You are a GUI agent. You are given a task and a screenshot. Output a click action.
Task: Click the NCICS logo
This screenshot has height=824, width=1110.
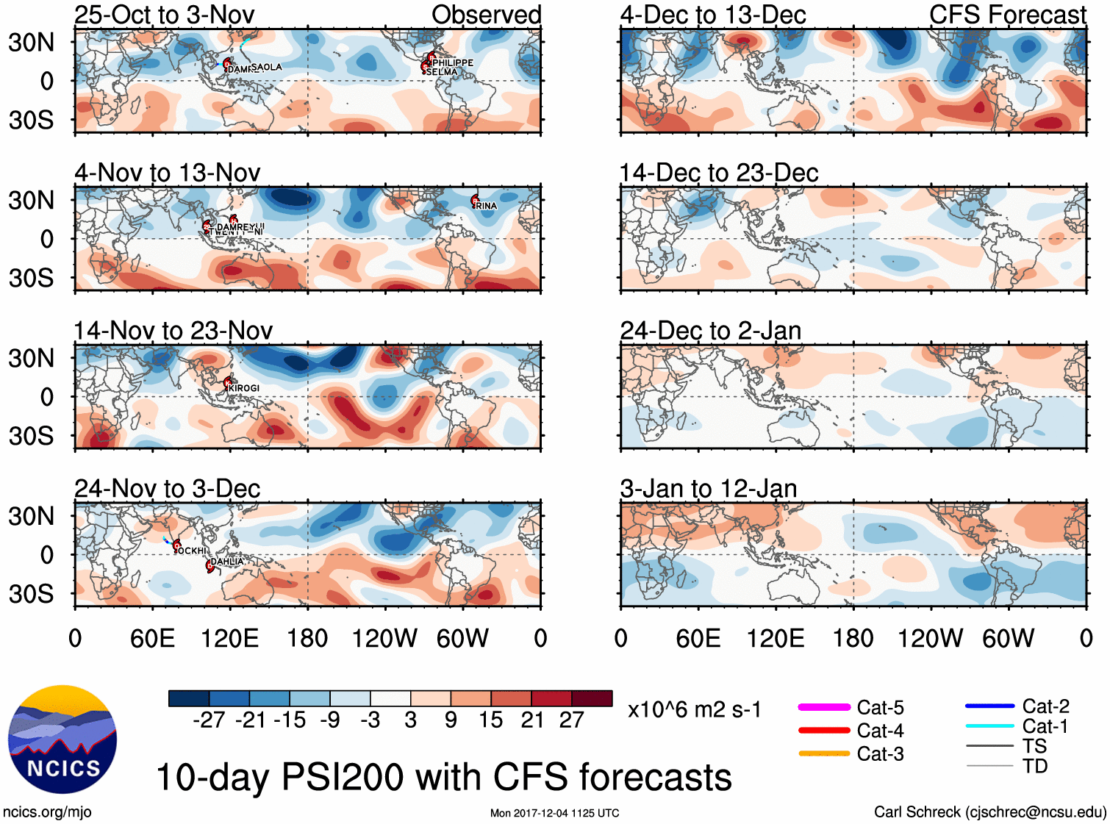62,739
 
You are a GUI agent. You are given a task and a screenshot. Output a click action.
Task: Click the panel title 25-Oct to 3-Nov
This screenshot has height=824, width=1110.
165,15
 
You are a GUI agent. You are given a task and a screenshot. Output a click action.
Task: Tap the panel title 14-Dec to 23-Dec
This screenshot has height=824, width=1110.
718,173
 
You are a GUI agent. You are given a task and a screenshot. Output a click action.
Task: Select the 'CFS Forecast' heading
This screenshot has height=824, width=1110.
1007,15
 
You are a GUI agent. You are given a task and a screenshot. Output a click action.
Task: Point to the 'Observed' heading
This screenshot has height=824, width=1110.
486,15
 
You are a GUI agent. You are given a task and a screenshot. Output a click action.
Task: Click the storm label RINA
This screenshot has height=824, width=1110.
486,206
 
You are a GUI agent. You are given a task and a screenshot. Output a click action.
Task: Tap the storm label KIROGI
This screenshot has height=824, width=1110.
244,388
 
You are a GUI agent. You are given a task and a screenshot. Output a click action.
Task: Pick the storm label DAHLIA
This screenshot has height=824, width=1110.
227,562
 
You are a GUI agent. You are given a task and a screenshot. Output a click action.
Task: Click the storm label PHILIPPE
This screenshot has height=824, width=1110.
454,62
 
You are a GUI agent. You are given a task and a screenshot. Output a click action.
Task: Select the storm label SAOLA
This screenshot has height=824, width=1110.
266,67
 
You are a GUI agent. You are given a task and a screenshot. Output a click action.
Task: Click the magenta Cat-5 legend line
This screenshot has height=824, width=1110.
824,707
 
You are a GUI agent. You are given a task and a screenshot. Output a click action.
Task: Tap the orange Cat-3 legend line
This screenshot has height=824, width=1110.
824,753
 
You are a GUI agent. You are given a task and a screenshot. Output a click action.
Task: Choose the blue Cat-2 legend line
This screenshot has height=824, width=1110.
989,706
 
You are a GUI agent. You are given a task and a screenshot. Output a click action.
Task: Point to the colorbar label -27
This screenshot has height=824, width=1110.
209,720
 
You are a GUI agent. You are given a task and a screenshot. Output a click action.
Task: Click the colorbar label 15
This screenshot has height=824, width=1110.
491,720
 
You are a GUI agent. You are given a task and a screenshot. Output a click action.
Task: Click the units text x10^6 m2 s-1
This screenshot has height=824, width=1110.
694,709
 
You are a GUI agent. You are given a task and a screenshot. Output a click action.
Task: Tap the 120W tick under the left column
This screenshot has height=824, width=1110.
384,638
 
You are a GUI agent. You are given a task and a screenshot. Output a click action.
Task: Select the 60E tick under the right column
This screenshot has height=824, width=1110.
698,638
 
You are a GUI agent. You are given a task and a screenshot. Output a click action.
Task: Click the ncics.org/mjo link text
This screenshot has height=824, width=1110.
47,812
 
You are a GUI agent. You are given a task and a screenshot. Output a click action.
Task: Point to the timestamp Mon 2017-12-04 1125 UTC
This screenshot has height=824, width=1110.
554,813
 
